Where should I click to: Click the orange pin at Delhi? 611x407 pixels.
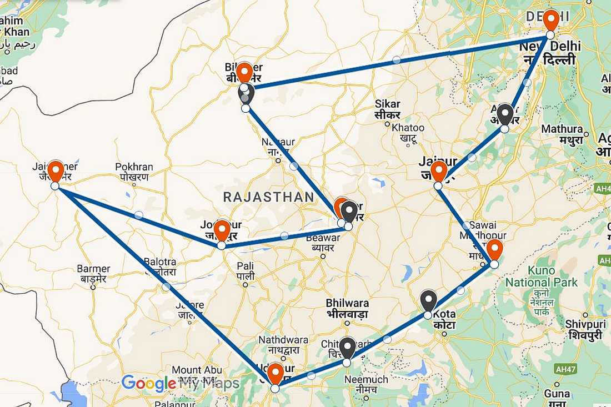click(550, 20)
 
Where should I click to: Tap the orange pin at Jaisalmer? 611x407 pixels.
click(55, 170)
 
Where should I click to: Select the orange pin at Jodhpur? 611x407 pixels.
click(222, 230)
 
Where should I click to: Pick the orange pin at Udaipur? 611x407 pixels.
click(275, 373)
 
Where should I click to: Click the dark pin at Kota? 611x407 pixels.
click(428, 300)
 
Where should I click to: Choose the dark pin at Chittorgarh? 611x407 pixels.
click(347, 348)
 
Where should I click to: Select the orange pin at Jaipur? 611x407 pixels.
click(438, 171)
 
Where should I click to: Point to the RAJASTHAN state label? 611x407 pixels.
click(268, 197)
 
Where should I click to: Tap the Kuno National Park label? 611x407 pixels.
click(541, 277)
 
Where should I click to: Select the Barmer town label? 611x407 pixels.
click(93, 274)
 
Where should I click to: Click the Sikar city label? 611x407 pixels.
click(387, 109)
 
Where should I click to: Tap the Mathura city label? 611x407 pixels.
click(562, 134)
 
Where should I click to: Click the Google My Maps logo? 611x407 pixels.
click(181, 383)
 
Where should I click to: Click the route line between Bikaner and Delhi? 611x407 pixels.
click(396, 60)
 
